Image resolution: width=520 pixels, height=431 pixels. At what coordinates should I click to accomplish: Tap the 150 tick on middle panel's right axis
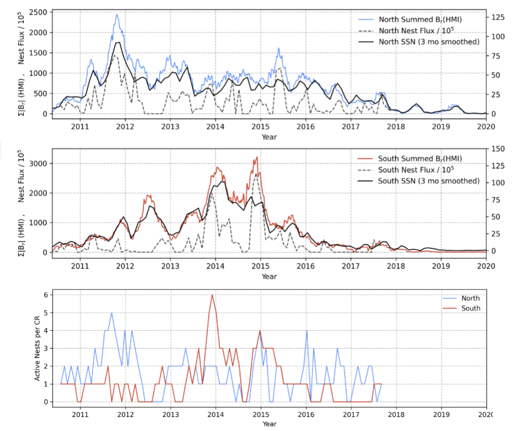498,148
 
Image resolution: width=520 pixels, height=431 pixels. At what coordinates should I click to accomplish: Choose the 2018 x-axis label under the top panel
396,127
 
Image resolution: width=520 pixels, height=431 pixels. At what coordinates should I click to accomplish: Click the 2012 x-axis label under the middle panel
125,265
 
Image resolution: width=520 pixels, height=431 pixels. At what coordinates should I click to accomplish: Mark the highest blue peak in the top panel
117,15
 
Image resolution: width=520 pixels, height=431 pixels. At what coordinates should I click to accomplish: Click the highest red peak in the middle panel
257,157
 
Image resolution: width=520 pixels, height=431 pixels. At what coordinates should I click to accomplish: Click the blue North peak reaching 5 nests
112,312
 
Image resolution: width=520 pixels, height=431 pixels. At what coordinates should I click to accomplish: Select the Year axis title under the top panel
269,136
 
